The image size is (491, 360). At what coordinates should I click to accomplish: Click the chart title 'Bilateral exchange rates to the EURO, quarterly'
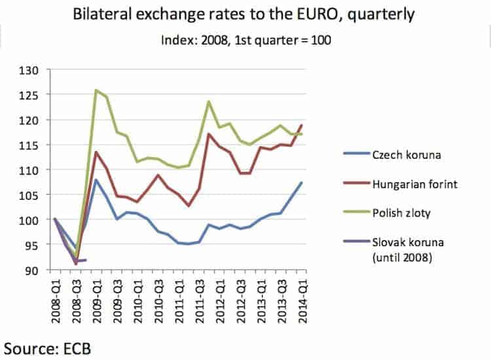[x=244, y=14]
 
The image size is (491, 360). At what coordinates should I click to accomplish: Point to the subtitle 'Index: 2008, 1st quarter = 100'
[x=245, y=40]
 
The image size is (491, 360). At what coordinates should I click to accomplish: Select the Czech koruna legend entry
[x=392, y=154]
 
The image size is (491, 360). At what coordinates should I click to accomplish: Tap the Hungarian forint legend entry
[x=400, y=184]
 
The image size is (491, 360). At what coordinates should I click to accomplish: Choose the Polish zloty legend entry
[x=387, y=213]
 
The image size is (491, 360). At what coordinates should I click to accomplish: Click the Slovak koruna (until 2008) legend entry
[x=393, y=249]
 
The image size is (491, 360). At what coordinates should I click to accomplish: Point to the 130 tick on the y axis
[x=29, y=71]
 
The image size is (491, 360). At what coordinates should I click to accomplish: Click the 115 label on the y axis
[x=29, y=145]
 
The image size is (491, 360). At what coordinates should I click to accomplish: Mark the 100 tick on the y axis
[x=29, y=221]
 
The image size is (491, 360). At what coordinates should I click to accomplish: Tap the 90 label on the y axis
[x=32, y=270]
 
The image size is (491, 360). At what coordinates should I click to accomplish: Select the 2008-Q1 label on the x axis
[x=56, y=301]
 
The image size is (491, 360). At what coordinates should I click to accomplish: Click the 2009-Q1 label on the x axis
[x=98, y=301]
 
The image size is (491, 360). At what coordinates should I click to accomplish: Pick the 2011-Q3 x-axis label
[x=200, y=301]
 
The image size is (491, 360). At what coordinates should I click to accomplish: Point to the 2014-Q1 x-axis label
[x=302, y=301]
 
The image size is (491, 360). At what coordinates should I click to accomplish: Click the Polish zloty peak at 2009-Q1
[x=96, y=90]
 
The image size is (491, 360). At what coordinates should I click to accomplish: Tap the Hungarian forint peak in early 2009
[x=96, y=152]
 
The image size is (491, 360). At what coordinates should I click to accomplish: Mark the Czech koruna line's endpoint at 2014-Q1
[x=302, y=182]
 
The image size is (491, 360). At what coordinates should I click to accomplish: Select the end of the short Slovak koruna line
[x=86, y=260]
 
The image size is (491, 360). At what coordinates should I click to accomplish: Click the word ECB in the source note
[x=77, y=349]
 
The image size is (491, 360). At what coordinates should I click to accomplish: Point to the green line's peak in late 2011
[x=209, y=101]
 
